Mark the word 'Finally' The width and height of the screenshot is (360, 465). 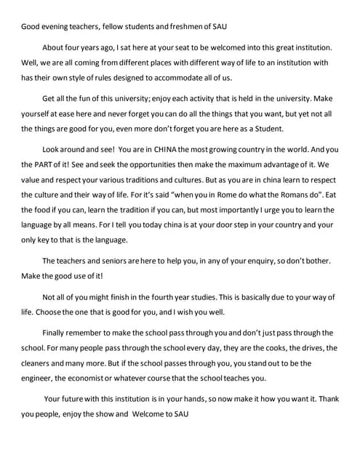click(57, 331)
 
